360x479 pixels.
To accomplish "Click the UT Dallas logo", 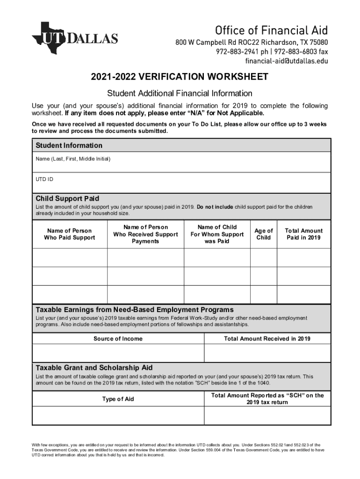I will (75, 37).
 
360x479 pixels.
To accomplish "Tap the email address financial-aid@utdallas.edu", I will (287, 61).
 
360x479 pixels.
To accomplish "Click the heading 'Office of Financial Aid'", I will (271, 30).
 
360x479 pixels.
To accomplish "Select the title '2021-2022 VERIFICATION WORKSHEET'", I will (180, 77).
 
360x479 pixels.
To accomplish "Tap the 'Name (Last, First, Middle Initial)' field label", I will (73, 159).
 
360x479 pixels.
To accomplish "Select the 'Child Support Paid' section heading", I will (67, 199).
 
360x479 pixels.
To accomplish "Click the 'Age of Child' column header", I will (264, 234).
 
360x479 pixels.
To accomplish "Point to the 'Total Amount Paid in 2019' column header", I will (303, 234).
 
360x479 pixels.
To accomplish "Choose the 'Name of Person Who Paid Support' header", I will (69, 234).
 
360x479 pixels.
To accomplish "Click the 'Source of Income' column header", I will (118, 339).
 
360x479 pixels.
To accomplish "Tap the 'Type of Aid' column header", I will (118, 399).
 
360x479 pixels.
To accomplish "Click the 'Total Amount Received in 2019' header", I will (267, 339).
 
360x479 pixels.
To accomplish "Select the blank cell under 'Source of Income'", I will (118, 353).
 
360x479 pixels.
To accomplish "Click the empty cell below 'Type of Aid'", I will (118, 416).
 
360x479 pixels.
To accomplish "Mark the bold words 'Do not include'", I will (215, 207).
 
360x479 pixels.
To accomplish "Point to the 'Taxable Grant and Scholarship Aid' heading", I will (94, 368).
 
